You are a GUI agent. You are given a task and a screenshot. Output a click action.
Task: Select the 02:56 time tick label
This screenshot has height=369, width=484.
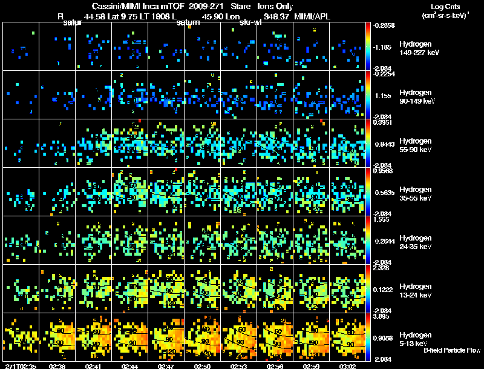pyautogui.click(x=276, y=366)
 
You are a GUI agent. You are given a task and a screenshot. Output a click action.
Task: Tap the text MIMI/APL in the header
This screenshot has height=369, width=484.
pyautogui.click(x=313, y=16)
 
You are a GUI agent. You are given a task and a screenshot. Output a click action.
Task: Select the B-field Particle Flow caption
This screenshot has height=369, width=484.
pyautogui.click(x=453, y=350)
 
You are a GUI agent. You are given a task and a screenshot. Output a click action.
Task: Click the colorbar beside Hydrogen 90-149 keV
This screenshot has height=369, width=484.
pyautogui.click(x=368, y=95)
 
